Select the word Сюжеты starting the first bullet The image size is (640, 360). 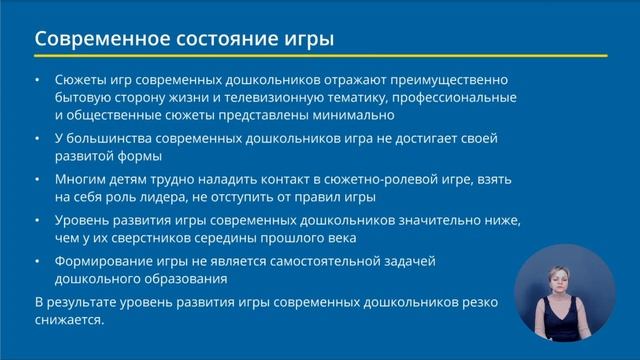[84, 80]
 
